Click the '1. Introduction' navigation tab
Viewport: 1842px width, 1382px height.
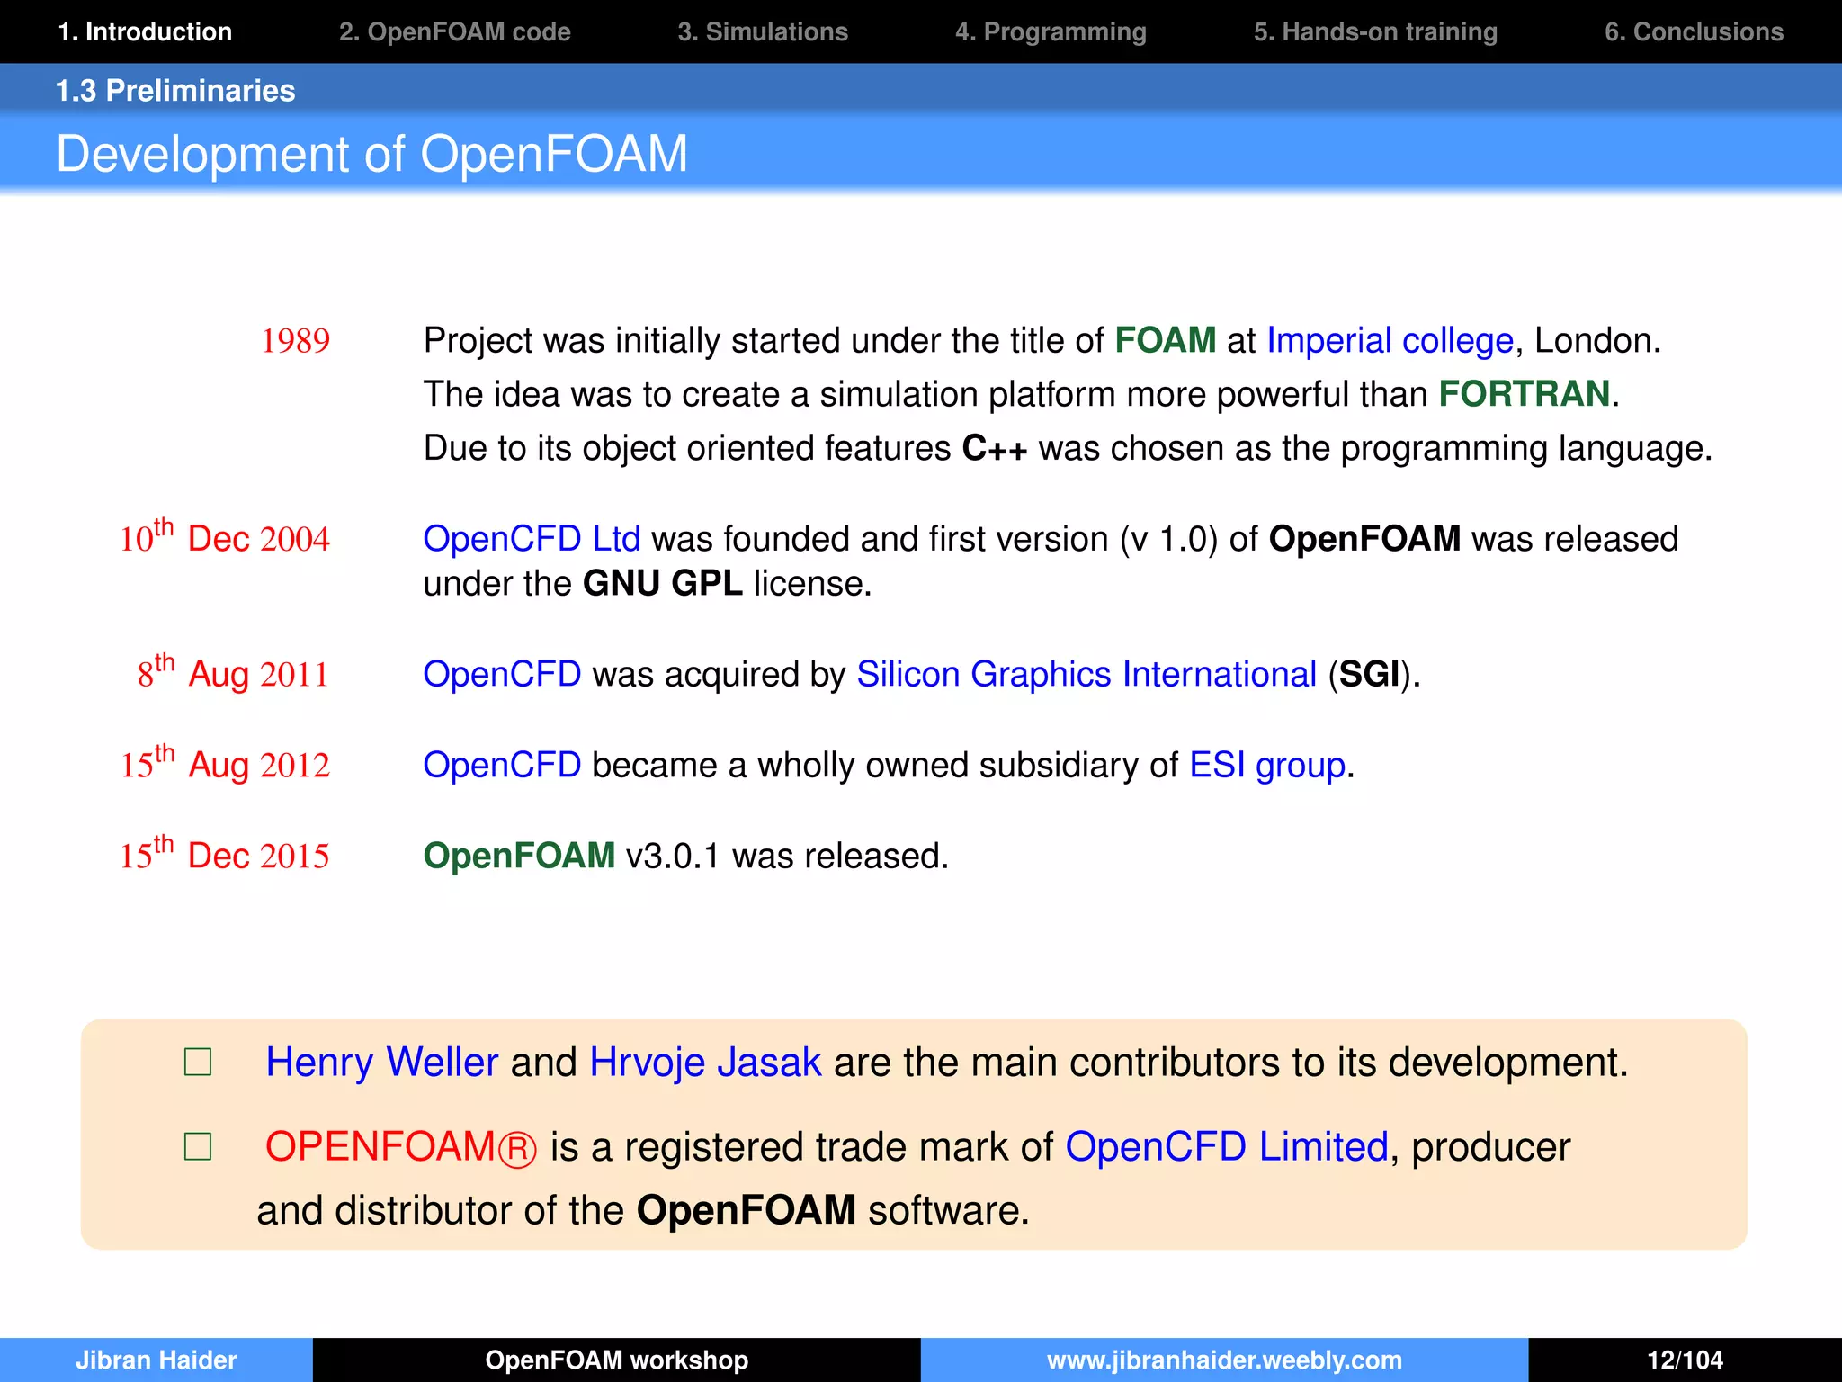[x=145, y=31]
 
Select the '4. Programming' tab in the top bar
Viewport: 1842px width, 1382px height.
[x=1051, y=31]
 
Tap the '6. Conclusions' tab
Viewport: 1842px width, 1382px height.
[x=1694, y=31]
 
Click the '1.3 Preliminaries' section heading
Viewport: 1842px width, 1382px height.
[x=175, y=91]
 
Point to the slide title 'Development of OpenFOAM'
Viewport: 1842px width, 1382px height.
[x=371, y=154]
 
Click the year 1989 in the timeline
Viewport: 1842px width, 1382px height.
[x=295, y=341]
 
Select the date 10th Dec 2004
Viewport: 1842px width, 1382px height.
[x=225, y=538]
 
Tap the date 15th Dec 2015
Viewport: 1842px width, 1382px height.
[x=225, y=855]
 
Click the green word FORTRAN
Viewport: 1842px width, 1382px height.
[x=1524, y=394]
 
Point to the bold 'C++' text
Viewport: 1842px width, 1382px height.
[x=994, y=448]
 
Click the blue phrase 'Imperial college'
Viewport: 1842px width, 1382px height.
[x=1390, y=341]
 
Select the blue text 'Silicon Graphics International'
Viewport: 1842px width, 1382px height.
[x=1086, y=674]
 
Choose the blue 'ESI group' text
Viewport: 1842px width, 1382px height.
[x=1266, y=765]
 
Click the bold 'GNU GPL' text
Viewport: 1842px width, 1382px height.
[x=662, y=584]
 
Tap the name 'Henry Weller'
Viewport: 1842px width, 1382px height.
[x=381, y=1063]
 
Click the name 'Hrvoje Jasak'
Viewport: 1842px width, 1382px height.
[x=705, y=1063]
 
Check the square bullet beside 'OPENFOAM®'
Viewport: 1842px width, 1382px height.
[x=198, y=1147]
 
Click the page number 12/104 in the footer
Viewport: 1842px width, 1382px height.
[x=1685, y=1360]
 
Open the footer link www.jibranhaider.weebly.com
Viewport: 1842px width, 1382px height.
[x=1224, y=1360]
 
